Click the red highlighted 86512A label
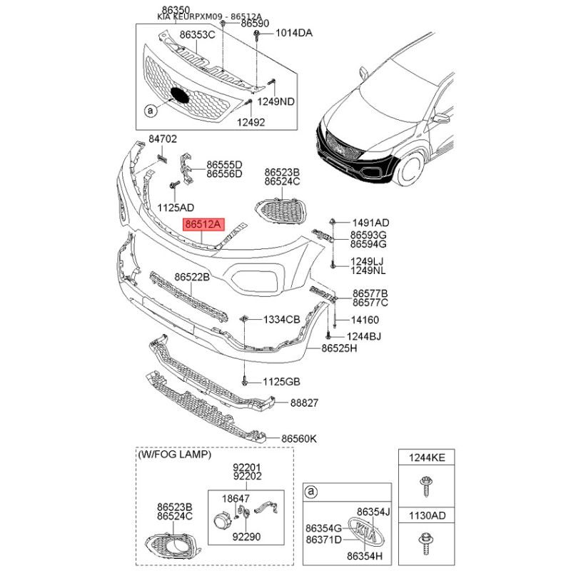pos(203,224)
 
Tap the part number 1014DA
pos(294,33)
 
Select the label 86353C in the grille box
pos(198,35)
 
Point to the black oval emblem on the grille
pos(180,96)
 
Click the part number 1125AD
pos(176,208)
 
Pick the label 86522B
pos(192,278)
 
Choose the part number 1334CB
pos(282,320)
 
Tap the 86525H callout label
pos(339,348)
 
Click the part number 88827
pos(304,403)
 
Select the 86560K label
pos(299,439)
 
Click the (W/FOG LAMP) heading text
pos(174,454)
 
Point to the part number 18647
pos(236,498)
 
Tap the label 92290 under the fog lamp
pos(246,537)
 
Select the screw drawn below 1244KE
pos(425,485)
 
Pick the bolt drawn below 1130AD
pos(425,543)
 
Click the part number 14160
pos(365,320)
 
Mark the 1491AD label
pos(370,223)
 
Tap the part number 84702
pos(163,138)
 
